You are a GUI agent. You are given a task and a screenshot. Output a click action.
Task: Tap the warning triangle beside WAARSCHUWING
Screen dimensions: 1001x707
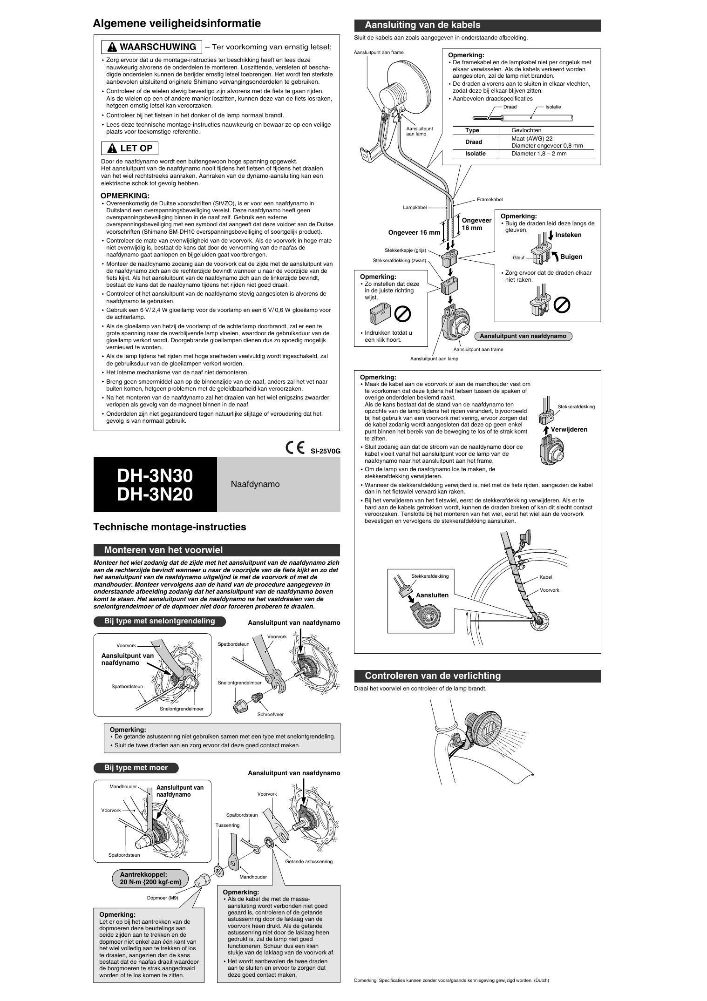click(x=112, y=47)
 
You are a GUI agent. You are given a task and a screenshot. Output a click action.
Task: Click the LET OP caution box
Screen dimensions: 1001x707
click(x=130, y=149)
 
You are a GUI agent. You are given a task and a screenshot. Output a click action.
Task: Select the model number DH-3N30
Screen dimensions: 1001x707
click(x=155, y=475)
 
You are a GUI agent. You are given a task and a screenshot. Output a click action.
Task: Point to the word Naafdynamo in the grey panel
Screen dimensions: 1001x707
click(x=255, y=484)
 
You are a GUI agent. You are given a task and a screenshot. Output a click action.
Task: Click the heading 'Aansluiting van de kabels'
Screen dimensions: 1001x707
click(x=422, y=25)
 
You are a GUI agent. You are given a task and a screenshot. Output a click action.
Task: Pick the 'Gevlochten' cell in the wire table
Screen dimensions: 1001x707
click(x=526, y=130)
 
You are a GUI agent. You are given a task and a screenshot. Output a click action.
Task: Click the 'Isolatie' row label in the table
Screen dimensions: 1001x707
click(x=475, y=154)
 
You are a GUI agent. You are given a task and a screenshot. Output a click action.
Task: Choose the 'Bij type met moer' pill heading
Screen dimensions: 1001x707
click(x=136, y=768)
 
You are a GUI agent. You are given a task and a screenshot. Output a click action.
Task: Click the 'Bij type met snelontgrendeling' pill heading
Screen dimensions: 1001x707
click(x=159, y=621)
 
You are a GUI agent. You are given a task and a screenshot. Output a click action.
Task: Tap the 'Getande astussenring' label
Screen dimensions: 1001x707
click(x=309, y=861)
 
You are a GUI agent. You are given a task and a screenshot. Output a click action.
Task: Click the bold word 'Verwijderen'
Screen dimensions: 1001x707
click(x=569, y=429)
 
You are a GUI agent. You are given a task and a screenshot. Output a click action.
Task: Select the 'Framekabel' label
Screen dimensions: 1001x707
click(x=489, y=199)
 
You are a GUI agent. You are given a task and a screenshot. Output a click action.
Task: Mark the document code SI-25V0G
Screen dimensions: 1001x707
click(x=326, y=451)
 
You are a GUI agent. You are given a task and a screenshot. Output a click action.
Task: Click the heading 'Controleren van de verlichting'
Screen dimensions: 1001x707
click(x=433, y=676)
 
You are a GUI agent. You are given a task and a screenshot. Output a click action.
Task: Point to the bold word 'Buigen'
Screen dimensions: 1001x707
click(x=571, y=257)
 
